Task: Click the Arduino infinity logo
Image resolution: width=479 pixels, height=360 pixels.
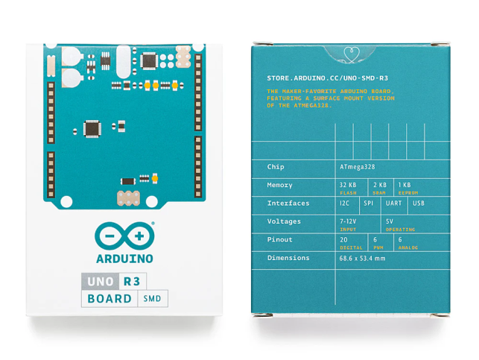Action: tap(124, 236)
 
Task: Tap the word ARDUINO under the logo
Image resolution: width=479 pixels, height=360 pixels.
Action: tap(124, 259)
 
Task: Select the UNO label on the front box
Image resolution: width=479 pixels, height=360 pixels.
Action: tap(99, 282)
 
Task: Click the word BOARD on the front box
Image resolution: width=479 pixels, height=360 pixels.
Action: tap(109, 300)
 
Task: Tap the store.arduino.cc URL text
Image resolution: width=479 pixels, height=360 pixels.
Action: tap(327, 78)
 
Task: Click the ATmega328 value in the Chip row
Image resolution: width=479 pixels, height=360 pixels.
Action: tap(358, 167)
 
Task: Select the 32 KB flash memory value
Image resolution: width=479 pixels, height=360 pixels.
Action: tap(348, 184)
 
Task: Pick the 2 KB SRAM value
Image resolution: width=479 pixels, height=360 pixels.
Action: tap(380, 184)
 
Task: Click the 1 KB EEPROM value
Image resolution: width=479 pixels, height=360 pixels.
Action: tap(405, 184)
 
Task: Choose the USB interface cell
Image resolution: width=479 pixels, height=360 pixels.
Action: tap(419, 203)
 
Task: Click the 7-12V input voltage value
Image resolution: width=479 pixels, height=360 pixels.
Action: tap(348, 221)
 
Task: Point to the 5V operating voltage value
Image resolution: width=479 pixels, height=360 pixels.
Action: tap(390, 221)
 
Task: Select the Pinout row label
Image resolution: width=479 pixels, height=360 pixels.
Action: tap(279, 240)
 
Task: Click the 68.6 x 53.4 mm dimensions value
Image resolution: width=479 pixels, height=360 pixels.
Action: tap(362, 258)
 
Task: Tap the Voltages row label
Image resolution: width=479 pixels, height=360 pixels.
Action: tap(284, 221)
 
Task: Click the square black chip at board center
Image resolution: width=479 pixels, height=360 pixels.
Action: tap(92, 127)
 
